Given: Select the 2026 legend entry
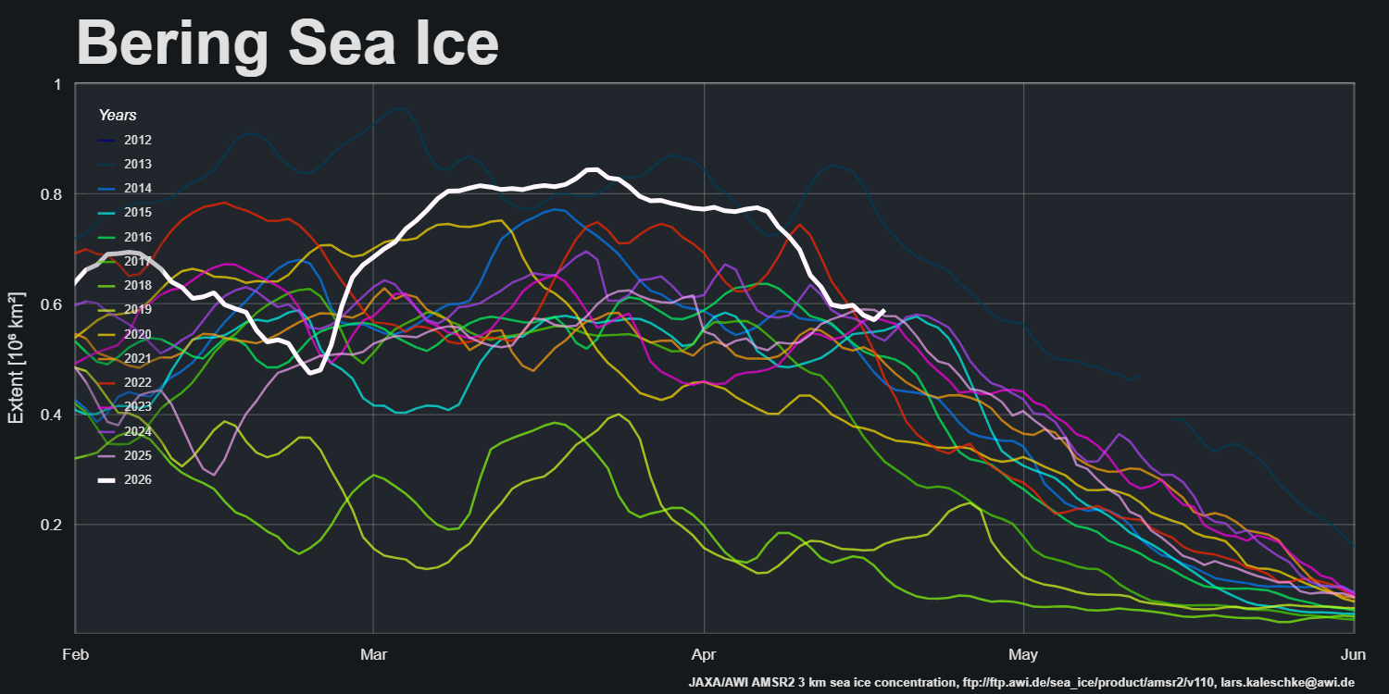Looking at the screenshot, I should pos(137,479).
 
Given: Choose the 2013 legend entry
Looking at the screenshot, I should pos(137,165).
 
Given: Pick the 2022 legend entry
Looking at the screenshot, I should pos(137,382).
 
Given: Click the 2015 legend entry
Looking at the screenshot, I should pos(137,213).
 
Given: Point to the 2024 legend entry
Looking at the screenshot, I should pos(137,431).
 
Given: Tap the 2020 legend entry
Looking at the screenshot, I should pos(137,334).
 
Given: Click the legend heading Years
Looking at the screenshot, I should pos(118,116).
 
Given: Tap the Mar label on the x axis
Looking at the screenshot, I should pos(373,654).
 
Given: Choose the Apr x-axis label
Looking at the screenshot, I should pos(704,654).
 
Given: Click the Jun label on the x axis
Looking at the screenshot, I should pos(1354,654).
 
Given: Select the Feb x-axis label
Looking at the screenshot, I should pos(76,654).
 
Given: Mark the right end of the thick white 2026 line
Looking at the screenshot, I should pos(884,311).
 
